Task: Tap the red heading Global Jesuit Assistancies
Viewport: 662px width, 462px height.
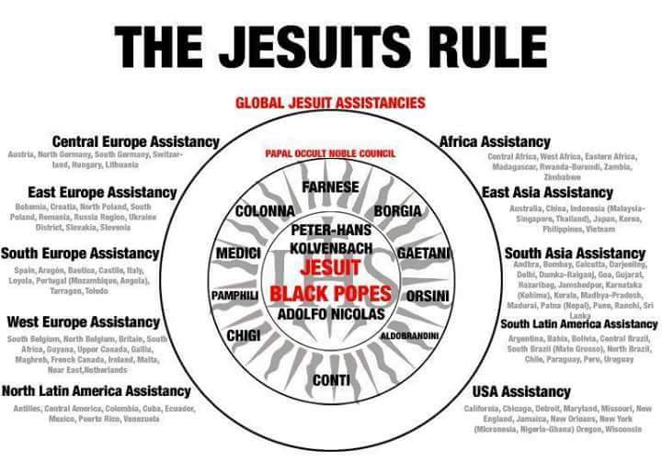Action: (330, 103)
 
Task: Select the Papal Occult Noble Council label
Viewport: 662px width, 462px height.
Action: (330, 153)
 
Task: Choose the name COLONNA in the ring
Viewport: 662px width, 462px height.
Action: (265, 210)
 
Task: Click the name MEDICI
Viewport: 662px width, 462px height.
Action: (239, 253)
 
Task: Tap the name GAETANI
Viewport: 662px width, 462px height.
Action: (424, 253)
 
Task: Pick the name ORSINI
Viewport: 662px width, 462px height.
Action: (427, 296)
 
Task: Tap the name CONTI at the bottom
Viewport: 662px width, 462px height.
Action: (331, 379)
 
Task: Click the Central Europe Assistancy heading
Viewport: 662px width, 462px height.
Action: (135, 142)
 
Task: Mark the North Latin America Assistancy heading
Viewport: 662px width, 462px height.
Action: (96, 391)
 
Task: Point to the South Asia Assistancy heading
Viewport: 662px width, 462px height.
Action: (575, 253)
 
